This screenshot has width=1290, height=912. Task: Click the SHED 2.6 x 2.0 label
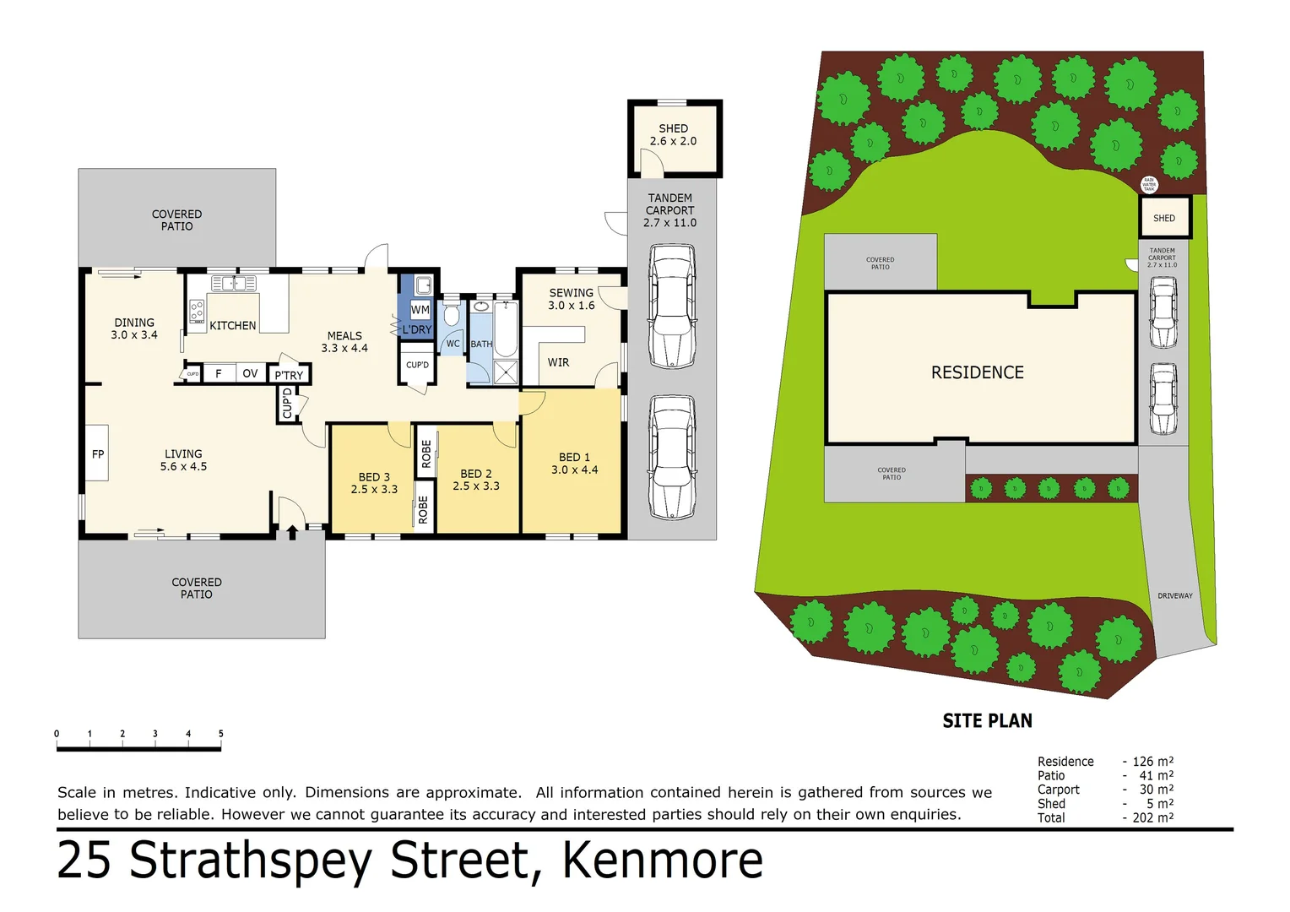[x=673, y=135]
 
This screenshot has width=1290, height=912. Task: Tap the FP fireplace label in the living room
[x=98, y=454]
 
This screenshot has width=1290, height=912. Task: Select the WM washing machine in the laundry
[x=420, y=310]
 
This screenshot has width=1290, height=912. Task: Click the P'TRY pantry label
[x=289, y=375]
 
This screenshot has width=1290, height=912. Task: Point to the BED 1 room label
[x=574, y=464]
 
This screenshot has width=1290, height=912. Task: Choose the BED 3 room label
[x=374, y=483]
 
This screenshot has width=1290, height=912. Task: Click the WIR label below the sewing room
[x=558, y=362]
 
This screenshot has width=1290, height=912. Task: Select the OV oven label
[x=250, y=373]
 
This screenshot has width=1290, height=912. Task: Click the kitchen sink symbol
[x=234, y=284]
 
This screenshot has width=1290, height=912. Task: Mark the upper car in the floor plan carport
[x=672, y=306]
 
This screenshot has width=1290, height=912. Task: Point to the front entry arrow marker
[x=292, y=532]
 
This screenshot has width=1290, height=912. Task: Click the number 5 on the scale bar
[x=221, y=734]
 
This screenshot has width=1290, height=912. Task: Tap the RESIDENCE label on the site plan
[x=977, y=372]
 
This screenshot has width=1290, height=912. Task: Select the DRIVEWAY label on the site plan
[x=1174, y=596]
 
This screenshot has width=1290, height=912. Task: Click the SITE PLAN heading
[x=987, y=721]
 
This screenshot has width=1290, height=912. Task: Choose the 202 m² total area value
[x=1152, y=817]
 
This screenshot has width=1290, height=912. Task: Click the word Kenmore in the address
[x=662, y=861]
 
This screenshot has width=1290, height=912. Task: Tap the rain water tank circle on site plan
[x=1148, y=184]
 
